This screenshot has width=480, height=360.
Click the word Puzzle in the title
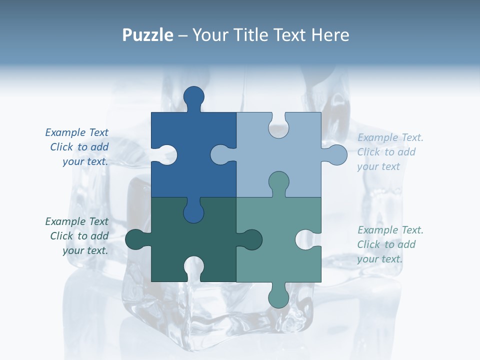tap(147, 35)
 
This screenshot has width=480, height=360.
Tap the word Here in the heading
tap(330, 35)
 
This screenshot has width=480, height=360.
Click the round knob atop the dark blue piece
tap(193, 96)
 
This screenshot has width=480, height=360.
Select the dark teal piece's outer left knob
tap(135, 239)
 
